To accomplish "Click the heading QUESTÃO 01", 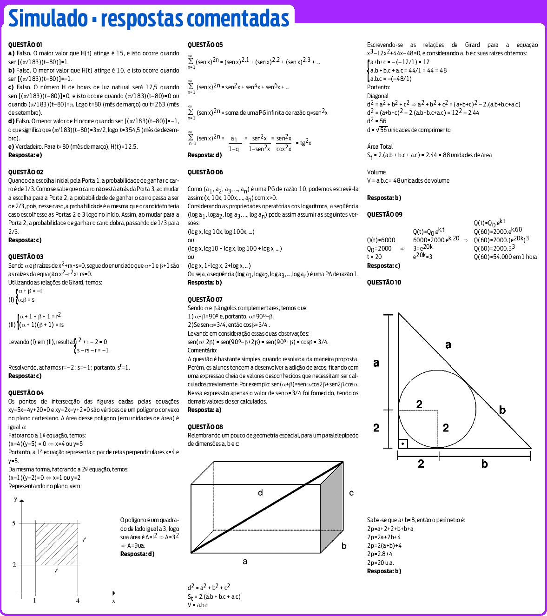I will coord(25,45).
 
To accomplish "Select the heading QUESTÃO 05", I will coord(205,45).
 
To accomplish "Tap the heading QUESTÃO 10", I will coord(384,282).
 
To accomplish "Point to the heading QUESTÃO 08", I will coord(205,427).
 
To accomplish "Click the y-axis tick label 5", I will coord(14,523).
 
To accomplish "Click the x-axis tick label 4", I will coord(78,601).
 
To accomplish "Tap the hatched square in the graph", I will coord(56,544).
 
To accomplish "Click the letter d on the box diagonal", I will coord(260,492).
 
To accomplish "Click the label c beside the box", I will coord(351,493).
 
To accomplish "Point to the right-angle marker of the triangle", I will coord(403,444).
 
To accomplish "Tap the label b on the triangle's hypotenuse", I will coord(502,410).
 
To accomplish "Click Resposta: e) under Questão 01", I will coord(25,155).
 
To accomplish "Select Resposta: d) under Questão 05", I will coord(204,155).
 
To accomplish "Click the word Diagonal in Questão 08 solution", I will coord(377,96).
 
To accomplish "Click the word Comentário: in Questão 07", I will coord(202,350).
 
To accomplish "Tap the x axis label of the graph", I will coord(113,601).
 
